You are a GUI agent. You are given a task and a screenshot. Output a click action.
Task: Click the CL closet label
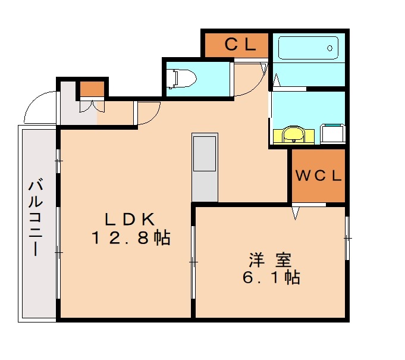pos(240,44)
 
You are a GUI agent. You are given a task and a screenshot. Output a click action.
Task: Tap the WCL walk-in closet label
pos(318,176)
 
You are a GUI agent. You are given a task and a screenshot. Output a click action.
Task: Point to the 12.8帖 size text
pos(131,239)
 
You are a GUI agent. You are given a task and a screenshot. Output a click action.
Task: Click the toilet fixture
pos(183,78)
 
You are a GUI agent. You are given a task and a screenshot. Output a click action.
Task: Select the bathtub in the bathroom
pos(307,48)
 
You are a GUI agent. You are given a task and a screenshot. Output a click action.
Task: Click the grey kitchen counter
pos(205,167)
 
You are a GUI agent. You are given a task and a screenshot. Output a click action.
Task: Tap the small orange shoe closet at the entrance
pos(91,89)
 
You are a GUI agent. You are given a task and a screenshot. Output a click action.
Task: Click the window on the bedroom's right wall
pos(347,238)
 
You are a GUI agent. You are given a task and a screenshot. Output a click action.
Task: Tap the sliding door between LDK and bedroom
pos(193,261)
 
